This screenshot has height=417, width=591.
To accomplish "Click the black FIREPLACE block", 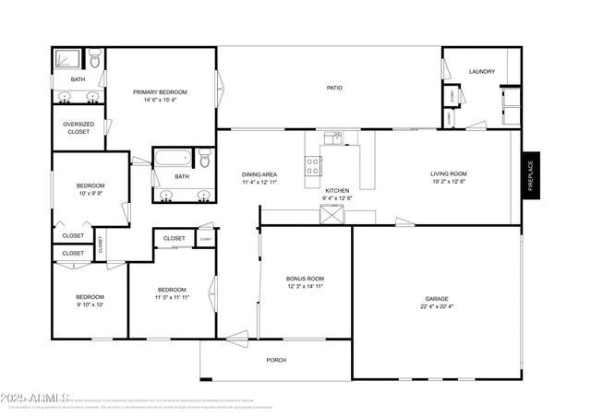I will point(531,175).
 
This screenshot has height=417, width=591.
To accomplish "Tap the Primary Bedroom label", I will point(160,92).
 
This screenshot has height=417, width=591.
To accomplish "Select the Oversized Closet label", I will point(78,128).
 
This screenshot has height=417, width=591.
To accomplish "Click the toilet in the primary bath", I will point(93,63).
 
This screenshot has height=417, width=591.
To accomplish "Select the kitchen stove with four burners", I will point(313,166).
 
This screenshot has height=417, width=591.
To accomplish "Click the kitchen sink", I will point(332,139).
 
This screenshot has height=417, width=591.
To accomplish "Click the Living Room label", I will point(449,173).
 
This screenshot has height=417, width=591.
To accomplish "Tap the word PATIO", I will point(334,89).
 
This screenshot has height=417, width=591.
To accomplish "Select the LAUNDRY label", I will point(482,71).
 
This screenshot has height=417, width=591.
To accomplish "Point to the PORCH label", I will point(276,360).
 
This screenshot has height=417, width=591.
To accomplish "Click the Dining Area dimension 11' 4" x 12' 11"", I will point(259,183).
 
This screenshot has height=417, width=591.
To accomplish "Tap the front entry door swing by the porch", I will point(237,338).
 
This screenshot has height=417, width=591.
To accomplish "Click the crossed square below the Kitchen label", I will point(331,215).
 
